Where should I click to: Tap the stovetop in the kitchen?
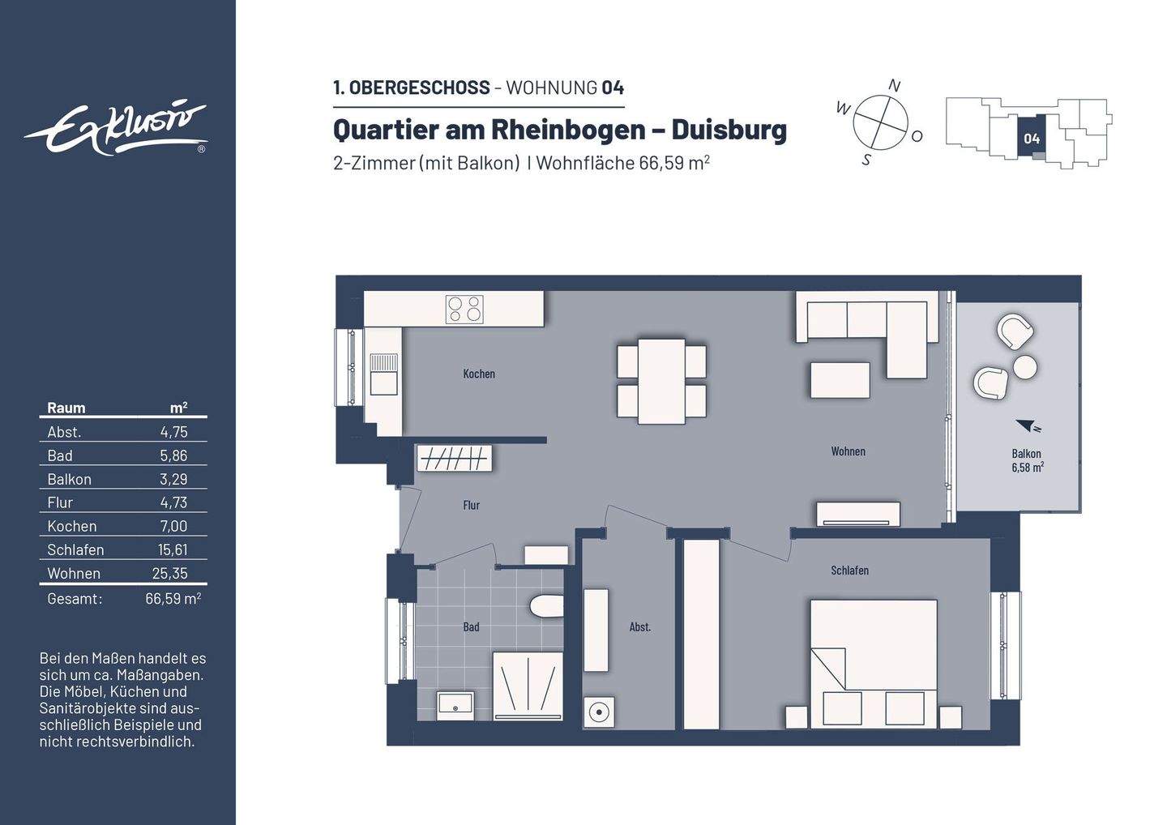pyautogui.click(x=464, y=309)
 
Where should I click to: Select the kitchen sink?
pyautogui.click(x=383, y=374)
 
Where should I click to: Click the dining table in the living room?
pyautogui.click(x=661, y=381)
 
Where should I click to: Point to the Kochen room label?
pyautogui.click(x=479, y=374)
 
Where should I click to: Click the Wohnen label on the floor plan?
pyautogui.click(x=848, y=451)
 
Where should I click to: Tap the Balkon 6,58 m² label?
pyautogui.click(x=1026, y=460)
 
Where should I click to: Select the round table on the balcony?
pyautogui.click(x=1025, y=367)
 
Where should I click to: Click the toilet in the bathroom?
pyautogui.click(x=546, y=606)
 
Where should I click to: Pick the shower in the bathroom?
pyautogui.click(x=528, y=685)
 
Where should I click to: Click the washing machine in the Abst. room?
pyautogui.click(x=598, y=712)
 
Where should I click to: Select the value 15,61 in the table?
pyautogui.click(x=173, y=549)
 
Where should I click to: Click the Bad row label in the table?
pyautogui.click(x=60, y=455)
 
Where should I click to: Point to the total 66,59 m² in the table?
pyautogui.click(x=173, y=599)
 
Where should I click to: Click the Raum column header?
pyautogui.click(x=66, y=408)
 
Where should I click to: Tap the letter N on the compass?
pyautogui.click(x=895, y=86)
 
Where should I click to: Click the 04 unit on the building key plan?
pyautogui.click(x=1031, y=139)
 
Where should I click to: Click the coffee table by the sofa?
pyautogui.click(x=840, y=380)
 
